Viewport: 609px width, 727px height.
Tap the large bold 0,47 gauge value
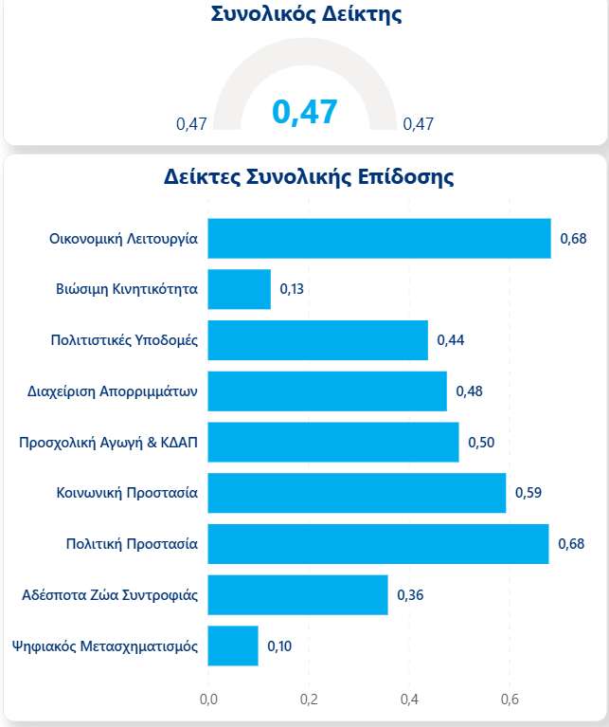[x=304, y=112]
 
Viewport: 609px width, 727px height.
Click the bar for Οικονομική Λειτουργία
[x=379, y=238]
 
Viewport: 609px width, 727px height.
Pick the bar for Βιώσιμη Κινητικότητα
[x=239, y=289]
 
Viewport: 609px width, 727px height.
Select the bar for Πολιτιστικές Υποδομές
[x=317, y=340]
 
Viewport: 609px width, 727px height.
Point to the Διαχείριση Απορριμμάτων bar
[x=327, y=391]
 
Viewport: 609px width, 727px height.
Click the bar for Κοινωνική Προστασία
[x=356, y=493]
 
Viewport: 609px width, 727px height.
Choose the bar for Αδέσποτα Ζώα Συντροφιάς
[x=297, y=595]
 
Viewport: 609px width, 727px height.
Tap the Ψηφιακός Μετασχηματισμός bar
[x=232, y=646]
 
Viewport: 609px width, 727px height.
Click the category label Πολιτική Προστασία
[x=132, y=544]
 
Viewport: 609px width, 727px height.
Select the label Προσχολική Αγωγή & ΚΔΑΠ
[x=109, y=443]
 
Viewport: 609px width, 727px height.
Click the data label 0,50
[x=481, y=443]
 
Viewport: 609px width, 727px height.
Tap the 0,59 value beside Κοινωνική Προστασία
[x=528, y=493]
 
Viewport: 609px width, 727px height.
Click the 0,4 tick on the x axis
[x=409, y=700]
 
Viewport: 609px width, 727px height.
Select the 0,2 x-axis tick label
[x=309, y=700]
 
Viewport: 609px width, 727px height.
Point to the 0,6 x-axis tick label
[x=510, y=700]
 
